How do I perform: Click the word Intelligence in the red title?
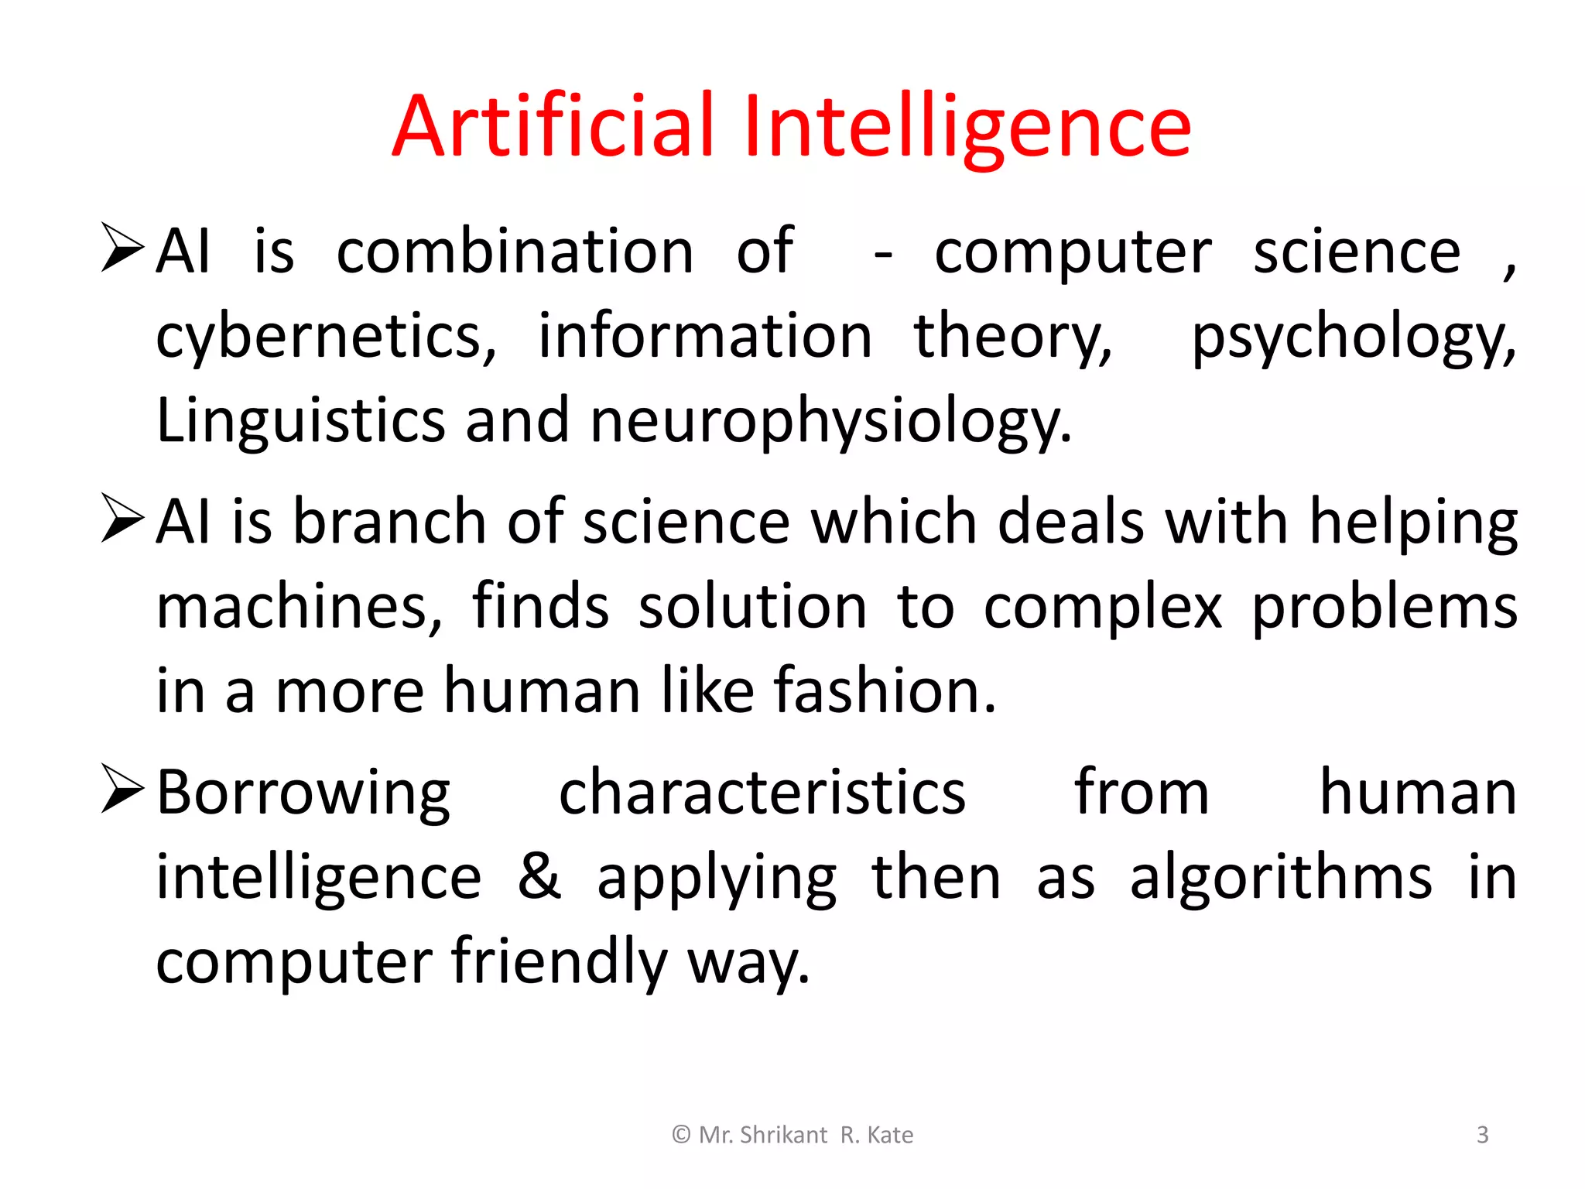[x=967, y=125]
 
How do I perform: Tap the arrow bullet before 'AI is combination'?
[x=122, y=248]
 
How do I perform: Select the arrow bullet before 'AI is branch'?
[x=122, y=519]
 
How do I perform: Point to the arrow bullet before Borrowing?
[x=122, y=790]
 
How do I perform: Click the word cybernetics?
[x=326, y=338]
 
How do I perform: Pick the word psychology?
[x=1353, y=338]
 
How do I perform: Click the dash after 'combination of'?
[x=882, y=254]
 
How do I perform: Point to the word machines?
[x=299, y=607]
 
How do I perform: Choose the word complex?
[x=1103, y=607]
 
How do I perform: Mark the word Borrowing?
[x=303, y=793]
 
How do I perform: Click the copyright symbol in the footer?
[x=681, y=1135]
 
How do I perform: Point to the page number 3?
[x=1482, y=1135]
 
